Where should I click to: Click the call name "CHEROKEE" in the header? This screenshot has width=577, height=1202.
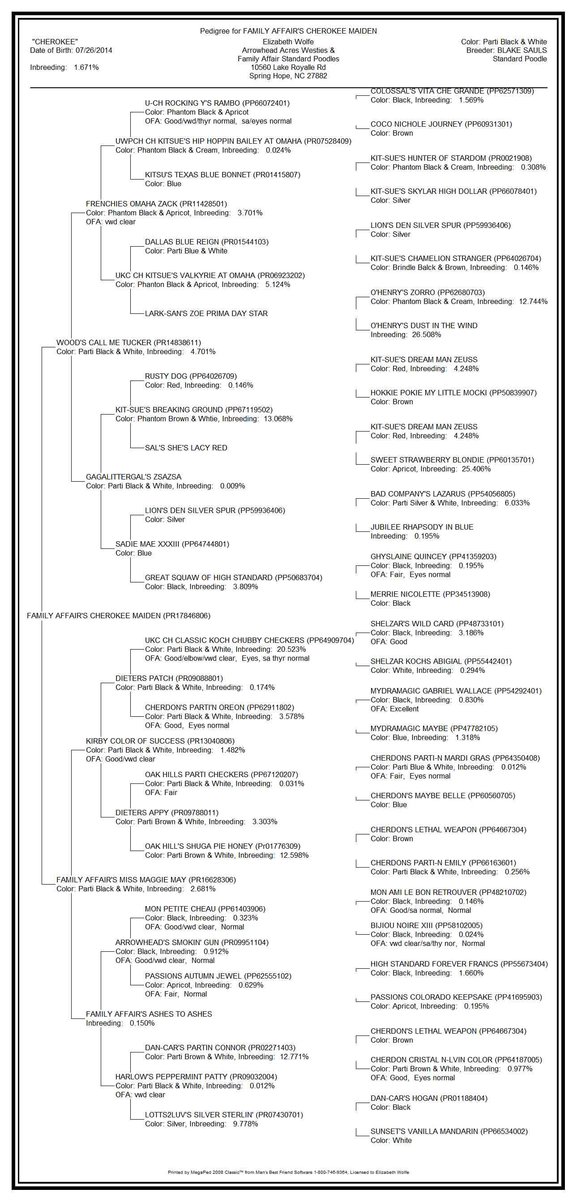click(x=55, y=42)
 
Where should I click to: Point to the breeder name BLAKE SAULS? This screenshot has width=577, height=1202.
click(x=522, y=51)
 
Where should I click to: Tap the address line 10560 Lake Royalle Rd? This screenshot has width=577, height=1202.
click(x=288, y=67)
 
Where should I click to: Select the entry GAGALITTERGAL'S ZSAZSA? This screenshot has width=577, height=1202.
click(x=133, y=477)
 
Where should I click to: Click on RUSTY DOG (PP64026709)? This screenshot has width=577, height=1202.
click(x=191, y=376)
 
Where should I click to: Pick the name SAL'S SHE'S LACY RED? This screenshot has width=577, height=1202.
click(x=186, y=448)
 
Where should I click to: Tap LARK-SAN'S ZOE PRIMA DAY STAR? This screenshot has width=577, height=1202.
click(x=206, y=313)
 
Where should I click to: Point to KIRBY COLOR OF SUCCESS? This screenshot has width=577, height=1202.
click(x=160, y=741)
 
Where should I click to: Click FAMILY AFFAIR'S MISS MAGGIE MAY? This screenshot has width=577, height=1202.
click(x=146, y=880)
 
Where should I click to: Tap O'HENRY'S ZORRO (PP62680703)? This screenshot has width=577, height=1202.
click(x=427, y=293)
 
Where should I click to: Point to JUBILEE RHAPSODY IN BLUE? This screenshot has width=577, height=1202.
click(x=422, y=527)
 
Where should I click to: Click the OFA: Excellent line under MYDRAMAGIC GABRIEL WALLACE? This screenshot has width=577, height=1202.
click(x=395, y=709)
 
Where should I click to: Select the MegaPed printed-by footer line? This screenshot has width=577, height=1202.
click(x=288, y=1172)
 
